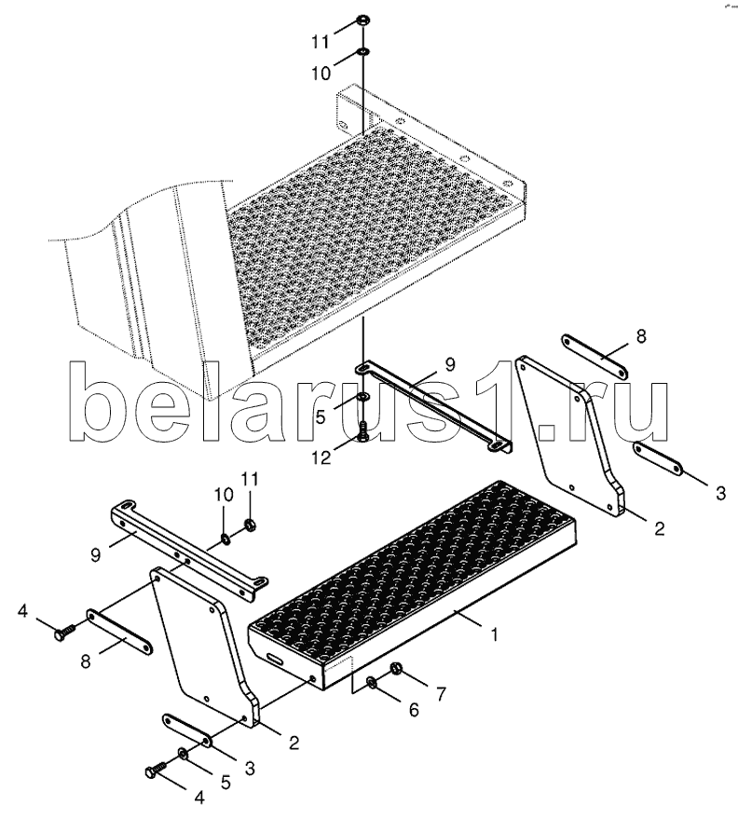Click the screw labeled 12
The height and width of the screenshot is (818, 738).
[x=364, y=429]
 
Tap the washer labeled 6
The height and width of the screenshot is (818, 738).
[x=372, y=683]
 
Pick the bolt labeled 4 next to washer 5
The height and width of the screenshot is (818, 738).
[x=156, y=772]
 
